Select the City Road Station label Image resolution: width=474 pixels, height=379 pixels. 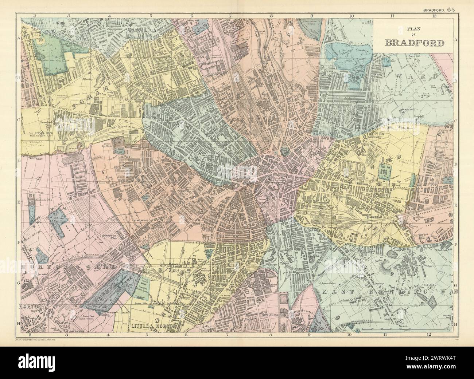coord(124,128)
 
